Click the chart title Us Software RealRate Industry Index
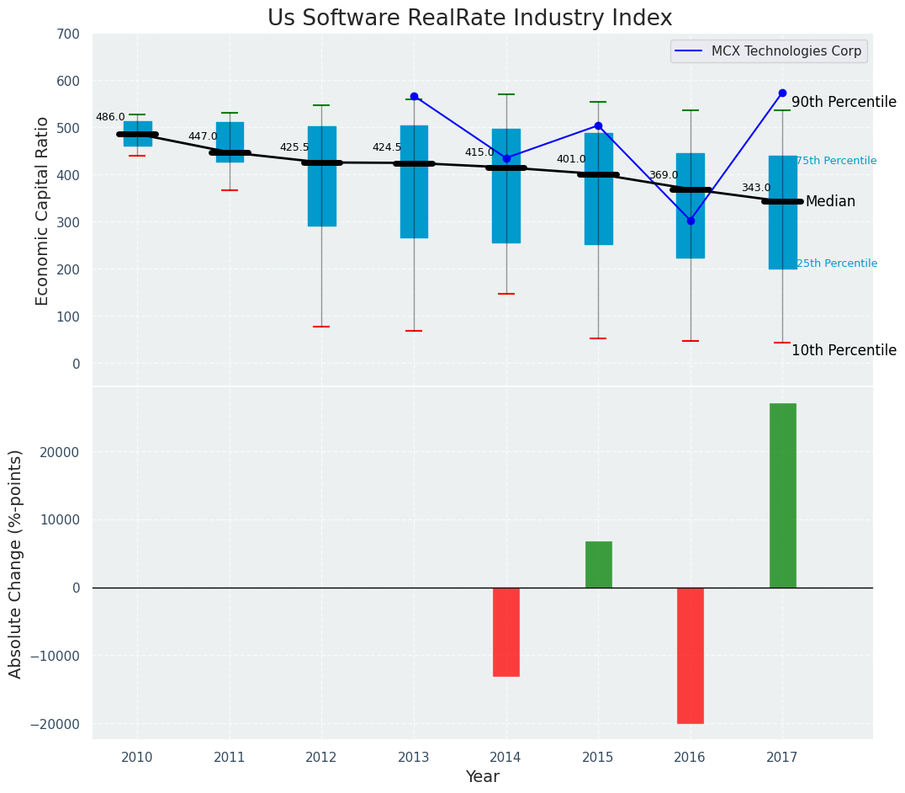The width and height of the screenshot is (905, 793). click(469, 19)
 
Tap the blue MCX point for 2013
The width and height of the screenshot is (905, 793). click(414, 96)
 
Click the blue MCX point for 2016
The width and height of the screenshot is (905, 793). click(691, 221)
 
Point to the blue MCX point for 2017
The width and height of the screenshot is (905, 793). click(782, 93)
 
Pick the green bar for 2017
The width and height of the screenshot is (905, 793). click(782, 495)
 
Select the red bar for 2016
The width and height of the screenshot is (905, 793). click(691, 655)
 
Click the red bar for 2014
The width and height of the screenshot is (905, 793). click(506, 631)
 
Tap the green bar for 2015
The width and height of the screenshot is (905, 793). click(598, 564)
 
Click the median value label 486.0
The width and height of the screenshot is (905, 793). click(110, 118)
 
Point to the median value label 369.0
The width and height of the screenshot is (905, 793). click(663, 176)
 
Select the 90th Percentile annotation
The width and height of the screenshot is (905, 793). click(844, 102)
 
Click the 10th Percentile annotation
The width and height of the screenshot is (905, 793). click(844, 351)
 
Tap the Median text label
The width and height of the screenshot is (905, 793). click(830, 202)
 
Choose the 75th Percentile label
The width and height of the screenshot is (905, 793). click(836, 161)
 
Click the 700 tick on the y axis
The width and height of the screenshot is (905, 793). click(68, 35)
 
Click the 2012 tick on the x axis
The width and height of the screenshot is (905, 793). click(321, 758)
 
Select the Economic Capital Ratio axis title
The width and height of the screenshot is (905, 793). click(43, 210)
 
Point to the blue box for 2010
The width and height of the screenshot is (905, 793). click(138, 133)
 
